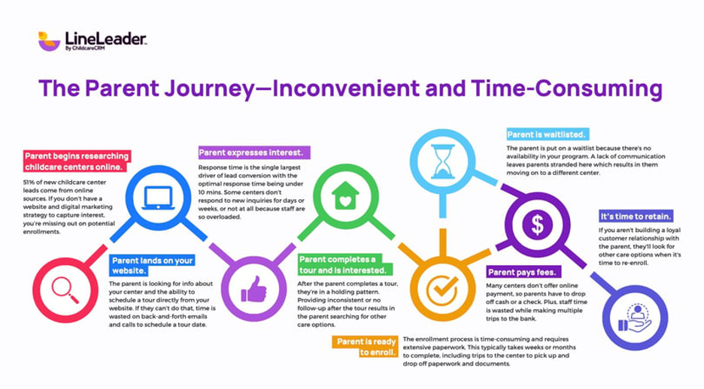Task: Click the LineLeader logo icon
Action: (49, 41)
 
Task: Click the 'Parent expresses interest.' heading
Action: (250, 152)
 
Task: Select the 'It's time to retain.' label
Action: (636, 215)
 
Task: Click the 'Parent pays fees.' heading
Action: (521, 272)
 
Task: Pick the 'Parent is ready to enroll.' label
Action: (366, 347)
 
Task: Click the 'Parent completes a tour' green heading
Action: (343, 264)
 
